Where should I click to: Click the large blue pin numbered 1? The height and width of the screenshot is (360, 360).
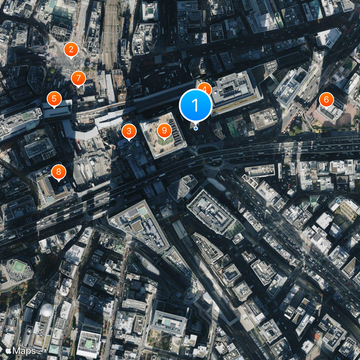(195, 105)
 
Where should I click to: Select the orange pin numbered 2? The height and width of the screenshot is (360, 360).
(71, 50)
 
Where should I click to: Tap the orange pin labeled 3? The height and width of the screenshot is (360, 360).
(129, 131)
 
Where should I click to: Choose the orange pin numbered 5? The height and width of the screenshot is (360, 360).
(54, 99)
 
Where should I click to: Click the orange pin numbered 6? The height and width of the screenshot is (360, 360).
(326, 99)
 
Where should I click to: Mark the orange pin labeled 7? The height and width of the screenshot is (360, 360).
(78, 78)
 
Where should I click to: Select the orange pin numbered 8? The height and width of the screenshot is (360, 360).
(58, 171)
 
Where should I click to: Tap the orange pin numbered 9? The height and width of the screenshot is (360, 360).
(164, 130)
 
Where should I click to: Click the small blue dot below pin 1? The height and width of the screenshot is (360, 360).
(196, 128)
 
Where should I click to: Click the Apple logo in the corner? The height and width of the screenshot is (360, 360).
(8, 350)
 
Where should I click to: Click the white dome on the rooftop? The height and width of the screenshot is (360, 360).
(46, 310)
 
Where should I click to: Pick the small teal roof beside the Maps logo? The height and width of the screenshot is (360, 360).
(54, 349)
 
